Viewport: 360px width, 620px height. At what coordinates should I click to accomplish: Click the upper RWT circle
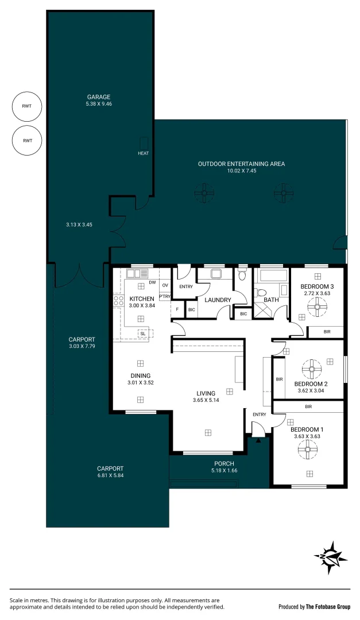28,106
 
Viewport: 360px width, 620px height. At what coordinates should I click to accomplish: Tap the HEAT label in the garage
143,153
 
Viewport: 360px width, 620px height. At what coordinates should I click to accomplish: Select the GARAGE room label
99,97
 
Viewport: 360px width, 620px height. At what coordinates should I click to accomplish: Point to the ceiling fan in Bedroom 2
311,368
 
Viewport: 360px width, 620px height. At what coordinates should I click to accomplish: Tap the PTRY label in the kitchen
165,296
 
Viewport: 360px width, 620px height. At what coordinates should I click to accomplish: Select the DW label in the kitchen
152,282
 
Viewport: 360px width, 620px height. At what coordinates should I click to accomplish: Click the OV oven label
165,285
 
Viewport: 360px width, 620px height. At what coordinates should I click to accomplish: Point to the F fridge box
177,309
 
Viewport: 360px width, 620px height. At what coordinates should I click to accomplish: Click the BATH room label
271,300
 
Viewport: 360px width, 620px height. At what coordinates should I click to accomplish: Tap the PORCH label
224,464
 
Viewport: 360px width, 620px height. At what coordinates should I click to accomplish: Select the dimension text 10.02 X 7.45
241,171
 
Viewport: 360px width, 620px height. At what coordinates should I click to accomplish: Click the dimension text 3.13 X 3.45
79,224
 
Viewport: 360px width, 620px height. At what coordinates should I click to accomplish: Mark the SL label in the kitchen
142,334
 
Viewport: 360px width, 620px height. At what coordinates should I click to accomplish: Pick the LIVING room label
206,394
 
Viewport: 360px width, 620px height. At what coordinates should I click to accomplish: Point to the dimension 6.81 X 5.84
110,475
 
